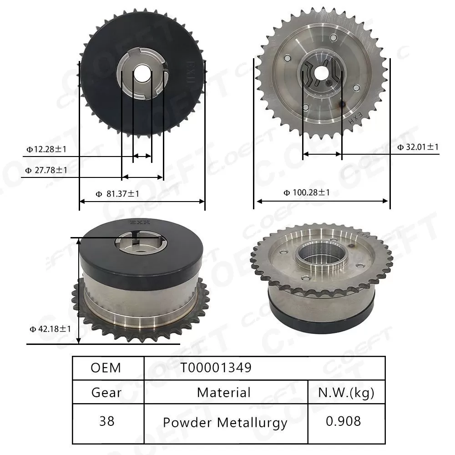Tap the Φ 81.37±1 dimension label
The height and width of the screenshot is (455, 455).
pos(117,194)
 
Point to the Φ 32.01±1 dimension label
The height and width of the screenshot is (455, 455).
pos(418,147)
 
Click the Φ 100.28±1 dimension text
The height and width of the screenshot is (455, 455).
pos(307,192)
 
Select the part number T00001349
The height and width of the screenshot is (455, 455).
pos(216,368)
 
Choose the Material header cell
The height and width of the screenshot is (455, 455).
pos(224,392)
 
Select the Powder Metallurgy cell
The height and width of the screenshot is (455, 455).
pos(225,422)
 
